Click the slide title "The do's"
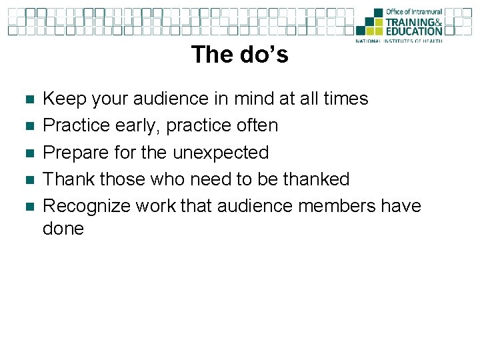coord(239,54)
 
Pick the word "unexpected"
coord(221,153)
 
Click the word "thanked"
coord(316,179)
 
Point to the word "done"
coord(63,229)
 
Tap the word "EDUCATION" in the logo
coord(414,31)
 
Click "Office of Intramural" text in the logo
coord(414,12)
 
